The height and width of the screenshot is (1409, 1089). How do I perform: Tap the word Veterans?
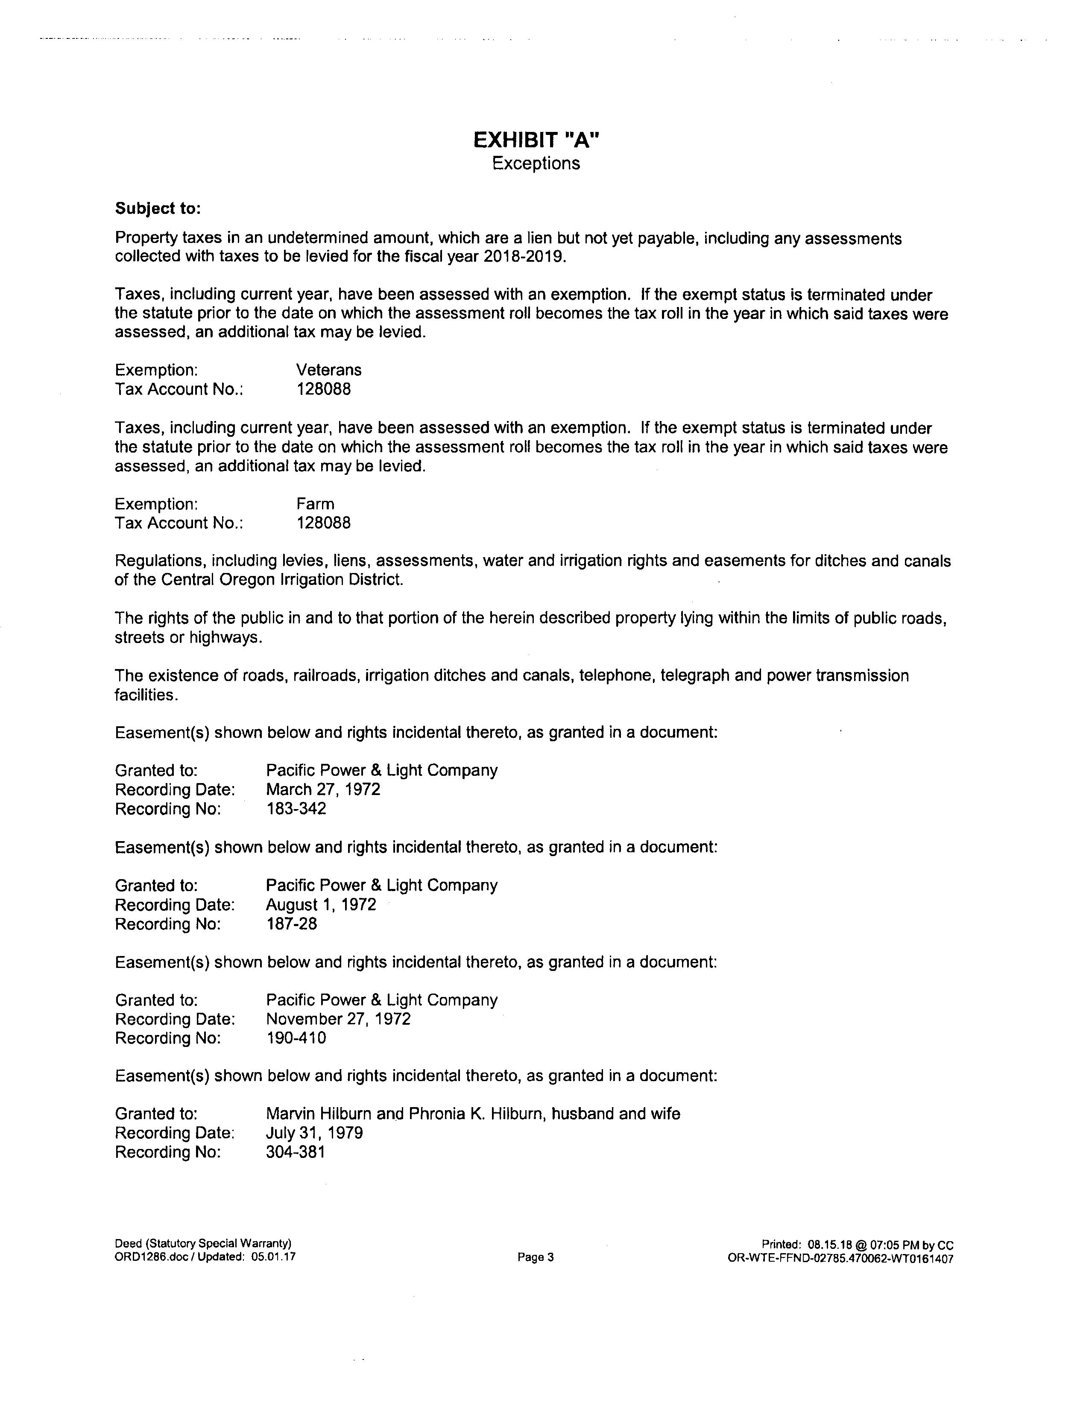tap(328, 370)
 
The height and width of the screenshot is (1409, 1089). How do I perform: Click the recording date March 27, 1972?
tap(322, 789)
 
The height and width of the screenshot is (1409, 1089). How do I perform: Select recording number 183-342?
tap(296, 809)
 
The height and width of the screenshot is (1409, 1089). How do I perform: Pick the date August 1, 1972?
tap(321, 904)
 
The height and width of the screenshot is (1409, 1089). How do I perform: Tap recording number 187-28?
tap(292, 924)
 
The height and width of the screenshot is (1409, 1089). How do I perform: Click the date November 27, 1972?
tap(338, 1019)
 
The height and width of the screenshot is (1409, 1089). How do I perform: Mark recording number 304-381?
tap(296, 1152)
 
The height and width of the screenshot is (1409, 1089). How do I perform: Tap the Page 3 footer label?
tap(536, 1257)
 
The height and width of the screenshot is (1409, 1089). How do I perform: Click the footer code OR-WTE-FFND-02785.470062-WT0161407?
tap(840, 1259)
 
